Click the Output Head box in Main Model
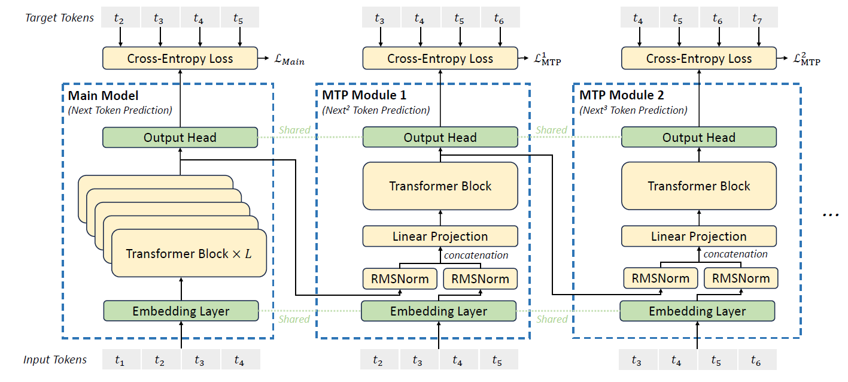pyautogui.click(x=180, y=137)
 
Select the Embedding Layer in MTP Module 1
pyautogui.click(x=439, y=311)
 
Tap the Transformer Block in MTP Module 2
pyautogui.click(x=698, y=186)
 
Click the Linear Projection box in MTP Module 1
pyautogui.click(x=440, y=237)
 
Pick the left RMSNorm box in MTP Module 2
pyautogui.click(x=660, y=278)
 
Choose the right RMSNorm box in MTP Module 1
pyautogui.click(x=480, y=278)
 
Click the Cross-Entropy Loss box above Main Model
pyautogui.click(x=180, y=59)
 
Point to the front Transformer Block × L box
pyautogui.click(x=189, y=253)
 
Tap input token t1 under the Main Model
pyautogui.click(x=120, y=360)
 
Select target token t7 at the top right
pyautogui.click(x=758, y=19)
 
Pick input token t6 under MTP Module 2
pyautogui.click(x=755, y=360)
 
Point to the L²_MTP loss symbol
pyautogui.click(x=806, y=59)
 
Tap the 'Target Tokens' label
pyautogui.click(x=59, y=18)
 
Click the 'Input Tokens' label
pyautogui.click(x=55, y=360)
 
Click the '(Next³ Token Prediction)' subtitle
pyautogui.click(x=633, y=110)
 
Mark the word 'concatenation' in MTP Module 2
pyautogui.click(x=735, y=254)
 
